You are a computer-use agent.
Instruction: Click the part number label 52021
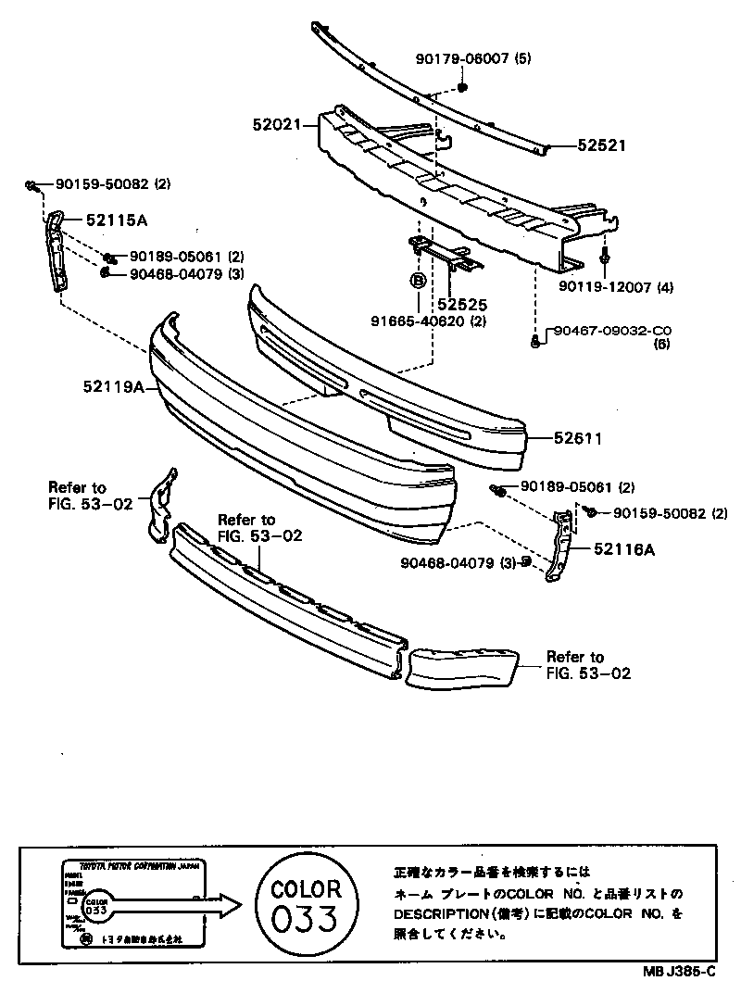(x=277, y=123)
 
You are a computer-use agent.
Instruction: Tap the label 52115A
(x=117, y=220)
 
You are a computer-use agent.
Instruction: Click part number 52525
(x=464, y=303)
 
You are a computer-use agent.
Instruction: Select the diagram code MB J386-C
(x=680, y=971)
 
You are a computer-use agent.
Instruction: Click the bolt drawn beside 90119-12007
(x=603, y=257)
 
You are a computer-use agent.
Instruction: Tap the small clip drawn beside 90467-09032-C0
(x=537, y=343)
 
